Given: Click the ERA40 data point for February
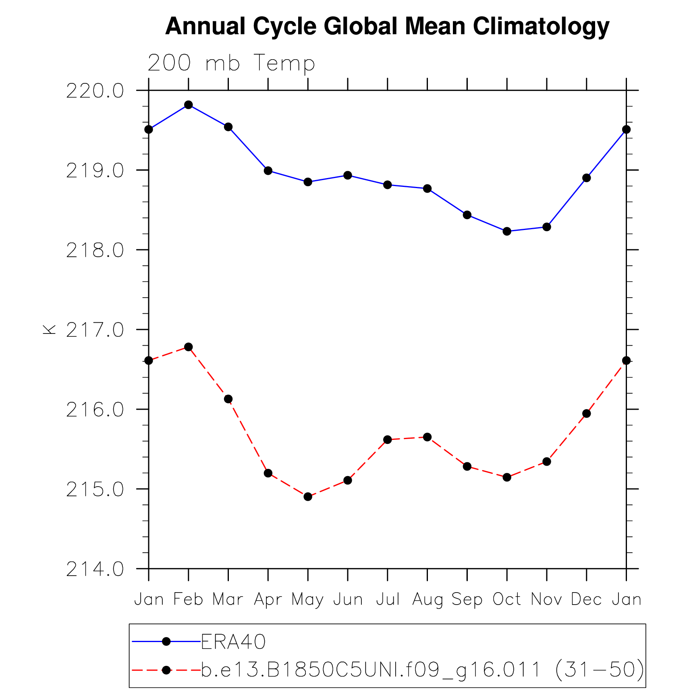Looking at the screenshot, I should coord(188,105).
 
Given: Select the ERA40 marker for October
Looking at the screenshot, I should coord(507,231).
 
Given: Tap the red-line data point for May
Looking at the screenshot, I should coord(308,497).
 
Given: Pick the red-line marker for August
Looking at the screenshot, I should coord(427,437).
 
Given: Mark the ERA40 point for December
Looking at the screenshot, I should coord(586,178).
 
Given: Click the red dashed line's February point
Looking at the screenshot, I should coord(188,347).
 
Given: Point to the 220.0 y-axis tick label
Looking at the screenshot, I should coord(95,91).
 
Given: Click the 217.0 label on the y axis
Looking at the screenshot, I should coord(95,330).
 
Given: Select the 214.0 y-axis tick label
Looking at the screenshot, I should coord(95,570).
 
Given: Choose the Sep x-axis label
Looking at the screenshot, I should coord(467,600).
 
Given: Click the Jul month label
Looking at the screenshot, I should coord(388,599).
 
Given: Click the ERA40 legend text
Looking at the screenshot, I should coord(233,642).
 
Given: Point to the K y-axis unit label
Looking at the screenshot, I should coord(49,329).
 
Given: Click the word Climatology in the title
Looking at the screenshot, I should coord(541,27).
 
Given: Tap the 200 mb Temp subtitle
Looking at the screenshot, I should coord(231,63).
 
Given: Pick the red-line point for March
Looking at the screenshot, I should coord(228,399).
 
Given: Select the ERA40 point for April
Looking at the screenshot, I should coord(268,171).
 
